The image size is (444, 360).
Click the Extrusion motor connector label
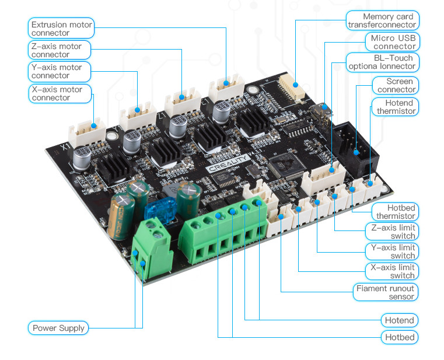[61, 29]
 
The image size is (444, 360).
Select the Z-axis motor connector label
[59, 50]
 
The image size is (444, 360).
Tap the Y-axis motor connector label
[59, 71]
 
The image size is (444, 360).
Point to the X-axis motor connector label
[60, 93]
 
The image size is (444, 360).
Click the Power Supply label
[58, 328]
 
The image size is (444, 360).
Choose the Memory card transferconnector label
[382, 20]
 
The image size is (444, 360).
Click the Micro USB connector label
[393, 42]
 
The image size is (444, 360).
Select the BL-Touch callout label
[382, 62]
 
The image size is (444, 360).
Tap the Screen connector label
[396, 85]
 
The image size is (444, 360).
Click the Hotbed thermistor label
[395, 212]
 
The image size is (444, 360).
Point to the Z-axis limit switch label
[392, 232]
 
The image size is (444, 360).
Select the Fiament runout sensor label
[386, 292]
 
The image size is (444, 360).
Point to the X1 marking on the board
[66, 146]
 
